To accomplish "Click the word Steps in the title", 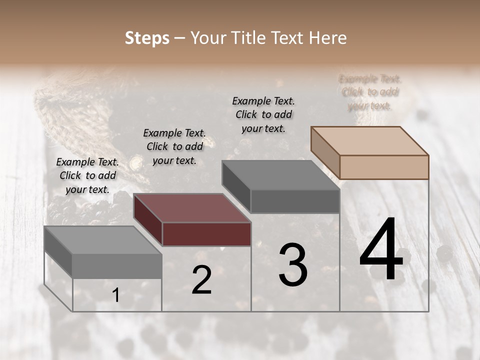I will [x=147, y=38].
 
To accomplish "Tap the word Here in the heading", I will [x=327, y=38].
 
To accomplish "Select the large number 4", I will [x=381, y=250].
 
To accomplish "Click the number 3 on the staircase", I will [x=293, y=265].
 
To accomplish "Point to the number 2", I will [x=201, y=280].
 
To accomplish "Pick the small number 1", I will [x=115, y=295].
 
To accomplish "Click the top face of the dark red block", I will [x=192, y=207].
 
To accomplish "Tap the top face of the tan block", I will [x=370, y=140].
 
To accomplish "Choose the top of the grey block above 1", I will [x=103, y=240].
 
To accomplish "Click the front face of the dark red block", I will [x=206, y=234].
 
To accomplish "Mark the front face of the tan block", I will [x=384, y=167].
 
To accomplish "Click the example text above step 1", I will [x=87, y=175].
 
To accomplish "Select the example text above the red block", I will [x=174, y=146].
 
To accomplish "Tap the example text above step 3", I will [x=263, y=114].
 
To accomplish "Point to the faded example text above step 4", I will [x=370, y=92].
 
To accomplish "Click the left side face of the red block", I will [x=148, y=220].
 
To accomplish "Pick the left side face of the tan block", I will [x=325, y=152].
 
